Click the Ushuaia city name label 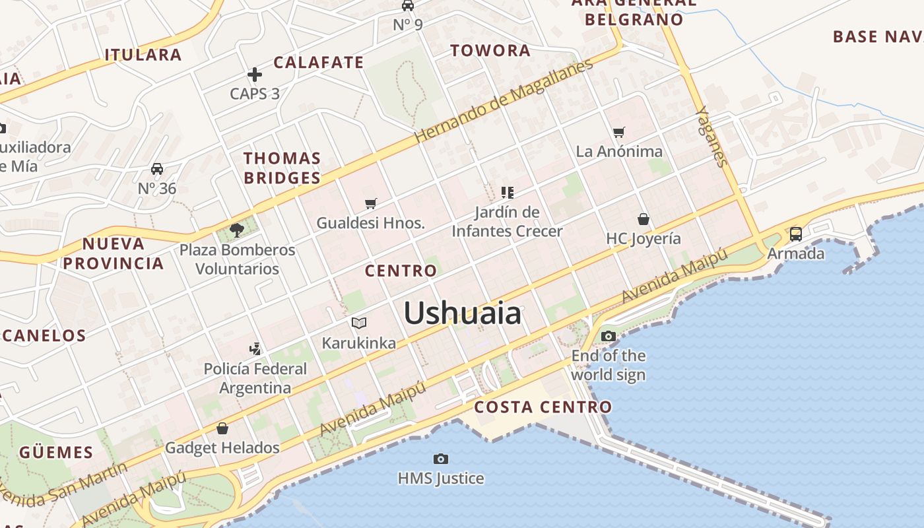coord(462,313)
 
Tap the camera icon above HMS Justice coord(440,459)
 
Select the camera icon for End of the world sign coord(608,337)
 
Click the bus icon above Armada coord(795,234)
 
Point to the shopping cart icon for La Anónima coord(618,133)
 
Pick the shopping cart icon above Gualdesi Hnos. coord(370,204)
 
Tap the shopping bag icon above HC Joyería coord(643,219)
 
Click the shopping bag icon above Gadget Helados coord(222,428)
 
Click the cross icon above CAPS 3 coord(255,75)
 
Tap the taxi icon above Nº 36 coord(157,169)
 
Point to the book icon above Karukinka coord(358,323)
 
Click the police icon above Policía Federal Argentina coord(255,349)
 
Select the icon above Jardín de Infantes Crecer coord(507,193)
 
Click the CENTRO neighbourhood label coord(401,271)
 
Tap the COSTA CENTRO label coord(543,407)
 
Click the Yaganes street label coord(711,137)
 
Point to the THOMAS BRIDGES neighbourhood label coord(282,168)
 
